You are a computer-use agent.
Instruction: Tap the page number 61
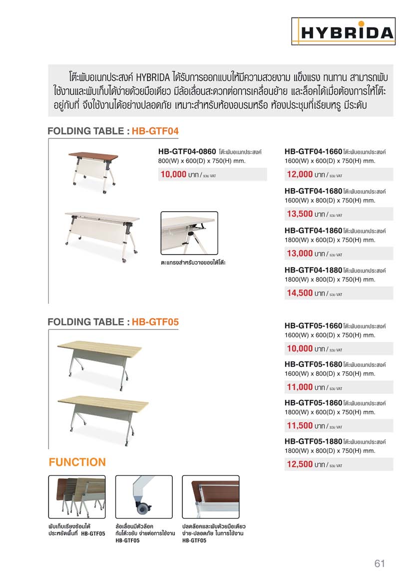[x=380, y=564]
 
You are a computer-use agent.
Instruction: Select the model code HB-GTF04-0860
[x=187, y=151]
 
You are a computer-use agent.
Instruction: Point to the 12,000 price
[x=300, y=175]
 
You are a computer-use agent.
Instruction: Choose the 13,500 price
[x=300, y=215]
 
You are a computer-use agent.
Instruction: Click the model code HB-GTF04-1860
[x=313, y=231]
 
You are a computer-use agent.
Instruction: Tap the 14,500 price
[x=300, y=293]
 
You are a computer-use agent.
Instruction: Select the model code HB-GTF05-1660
[x=313, y=326]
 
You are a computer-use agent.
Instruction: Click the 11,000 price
[x=300, y=387]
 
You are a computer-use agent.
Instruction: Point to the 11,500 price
[x=300, y=426]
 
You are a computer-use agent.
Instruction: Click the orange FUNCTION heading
[x=77, y=462]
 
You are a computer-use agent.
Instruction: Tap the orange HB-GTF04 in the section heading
[x=155, y=131]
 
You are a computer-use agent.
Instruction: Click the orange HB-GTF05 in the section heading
[x=155, y=322]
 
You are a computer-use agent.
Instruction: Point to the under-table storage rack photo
[x=189, y=234]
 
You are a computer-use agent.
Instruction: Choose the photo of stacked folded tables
[x=77, y=498]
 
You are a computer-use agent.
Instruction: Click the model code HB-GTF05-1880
[x=313, y=442]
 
